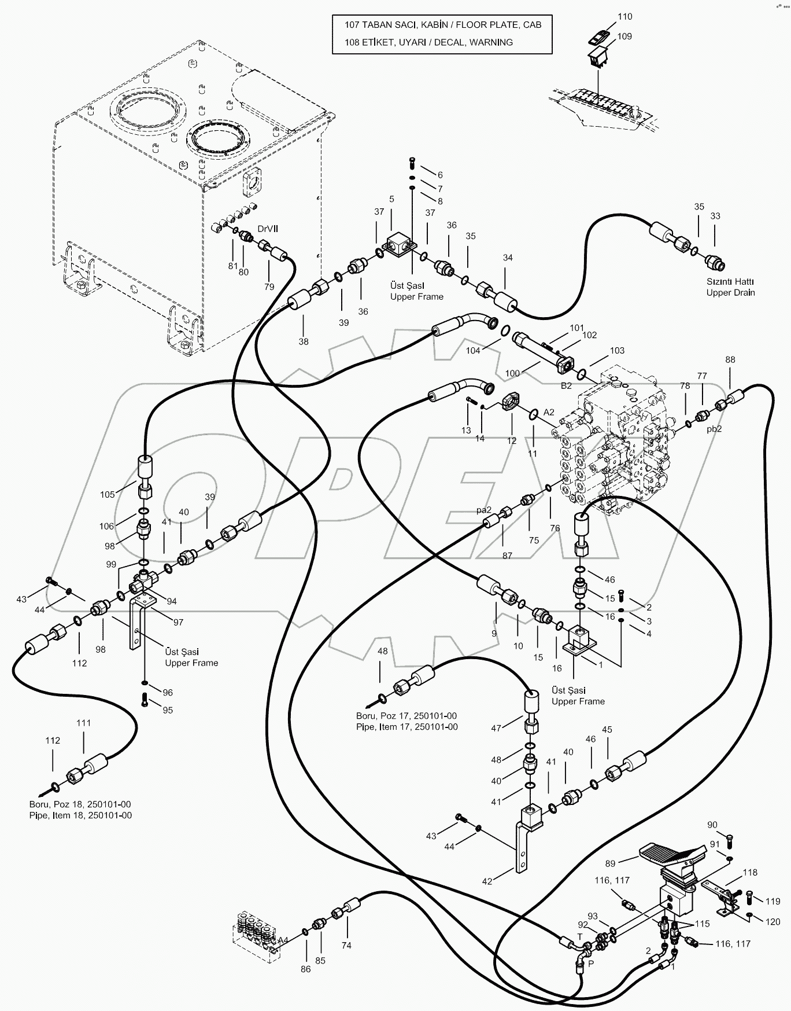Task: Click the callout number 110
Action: pyautogui.click(x=625, y=17)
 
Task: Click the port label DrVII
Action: pyautogui.click(x=268, y=229)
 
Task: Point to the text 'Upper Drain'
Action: pyautogui.click(x=730, y=292)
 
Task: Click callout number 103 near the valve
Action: pyautogui.click(x=617, y=350)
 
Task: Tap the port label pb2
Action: pyautogui.click(x=715, y=429)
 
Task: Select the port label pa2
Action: pyautogui.click(x=483, y=510)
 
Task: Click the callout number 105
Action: pyautogui.click(x=108, y=494)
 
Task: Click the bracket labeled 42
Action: pyautogui.click(x=522, y=851)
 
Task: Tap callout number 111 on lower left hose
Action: pyautogui.click(x=84, y=723)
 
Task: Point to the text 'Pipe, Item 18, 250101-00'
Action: pyautogui.click(x=80, y=815)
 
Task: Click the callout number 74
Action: pyautogui.click(x=346, y=945)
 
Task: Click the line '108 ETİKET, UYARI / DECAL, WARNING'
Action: pyautogui.click(x=428, y=42)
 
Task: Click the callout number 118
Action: pyautogui.click(x=750, y=872)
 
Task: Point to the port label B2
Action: pyautogui.click(x=566, y=385)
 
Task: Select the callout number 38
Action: pyautogui.click(x=304, y=341)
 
